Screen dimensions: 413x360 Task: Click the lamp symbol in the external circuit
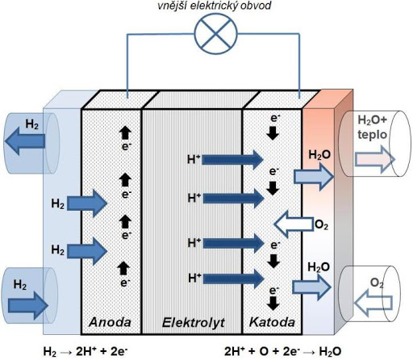coord(216,34)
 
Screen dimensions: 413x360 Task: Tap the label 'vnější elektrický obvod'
coord(215,6)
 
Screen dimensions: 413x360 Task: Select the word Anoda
coord(110,322)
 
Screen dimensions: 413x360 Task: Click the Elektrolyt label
coord(194,322)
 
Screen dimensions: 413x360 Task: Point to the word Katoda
coord(272,322)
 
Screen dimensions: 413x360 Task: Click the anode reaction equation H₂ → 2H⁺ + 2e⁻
coord(86,351)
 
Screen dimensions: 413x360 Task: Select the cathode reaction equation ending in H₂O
coord(283,351)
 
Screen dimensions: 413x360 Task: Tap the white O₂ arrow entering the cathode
coord(294,224)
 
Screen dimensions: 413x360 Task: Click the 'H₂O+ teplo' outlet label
coord(372,127)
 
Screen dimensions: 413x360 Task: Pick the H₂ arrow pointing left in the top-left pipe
coord(25,141)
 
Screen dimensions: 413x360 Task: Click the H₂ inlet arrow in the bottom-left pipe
coord(28,306)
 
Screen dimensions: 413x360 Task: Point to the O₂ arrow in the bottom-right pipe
coord(373,303)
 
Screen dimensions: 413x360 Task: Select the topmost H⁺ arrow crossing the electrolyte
coord(232,160)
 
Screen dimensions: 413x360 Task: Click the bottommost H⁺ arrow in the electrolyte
coord(234,278)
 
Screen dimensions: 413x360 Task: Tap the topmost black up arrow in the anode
coord(125,132)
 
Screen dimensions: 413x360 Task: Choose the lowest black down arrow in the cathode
coord(273,303)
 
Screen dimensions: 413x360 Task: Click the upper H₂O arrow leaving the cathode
coord(314,177)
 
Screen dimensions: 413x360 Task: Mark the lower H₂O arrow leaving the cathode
coord(311,287)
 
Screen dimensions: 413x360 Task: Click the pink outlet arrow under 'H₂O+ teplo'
coord(375,159)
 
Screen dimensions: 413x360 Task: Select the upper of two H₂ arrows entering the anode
coord(87,203)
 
